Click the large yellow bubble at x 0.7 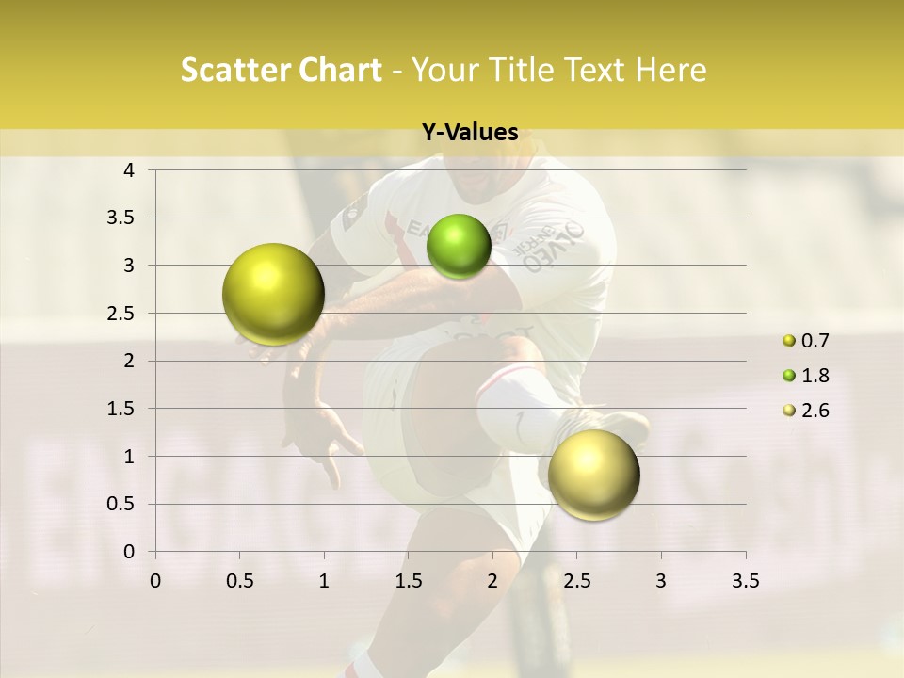click(273, 294)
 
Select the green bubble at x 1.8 click(459, 247)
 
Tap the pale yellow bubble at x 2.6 click(593, 475)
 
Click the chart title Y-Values click(470, 133)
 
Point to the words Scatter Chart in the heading click(281, 70)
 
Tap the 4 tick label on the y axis click(130, 170)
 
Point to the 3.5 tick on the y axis click(121, 218)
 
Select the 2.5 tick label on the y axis click(121, 313)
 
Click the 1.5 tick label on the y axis click(121, 409)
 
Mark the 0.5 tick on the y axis click(121, 504)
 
